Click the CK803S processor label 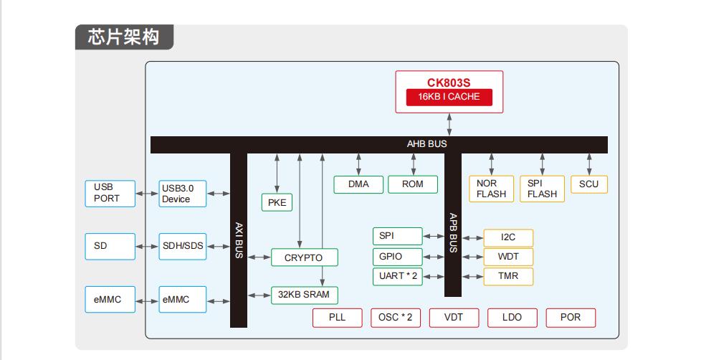click(449, 82)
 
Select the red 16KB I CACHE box click(449, 97)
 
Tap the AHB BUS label click(426, 144)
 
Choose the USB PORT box click(110, 193)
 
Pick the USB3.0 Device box click(183, 194)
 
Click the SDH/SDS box click(183, 246)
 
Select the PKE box click(277, 203)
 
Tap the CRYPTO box click(304, 257)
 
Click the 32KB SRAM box click(304, 295)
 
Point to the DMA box click(358, 184)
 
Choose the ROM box click(412, 184)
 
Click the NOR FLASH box click(491, 189)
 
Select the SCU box click(588, 184)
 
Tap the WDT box click(507, 257)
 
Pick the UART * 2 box click(398, 276)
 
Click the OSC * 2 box click(396, 318)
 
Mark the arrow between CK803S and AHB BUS click(449, 123)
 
